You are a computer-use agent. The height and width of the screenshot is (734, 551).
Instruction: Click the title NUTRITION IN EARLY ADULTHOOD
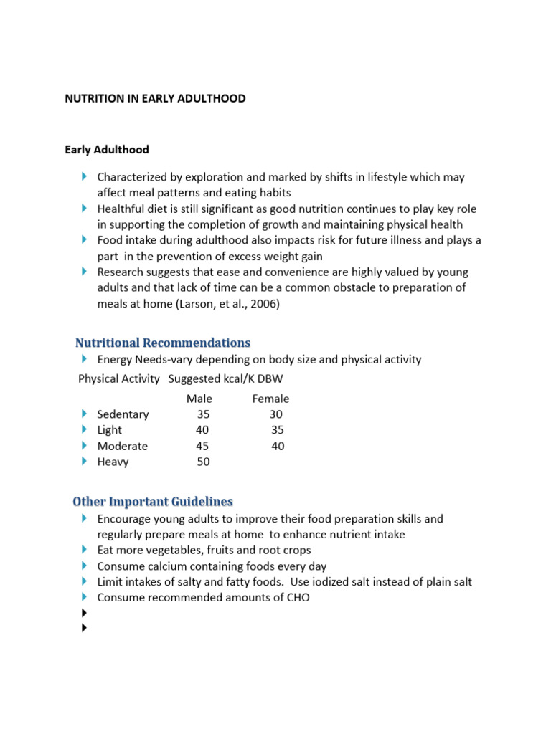pos(155,99)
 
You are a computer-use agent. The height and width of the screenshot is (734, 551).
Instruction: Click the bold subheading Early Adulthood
pos(107,150)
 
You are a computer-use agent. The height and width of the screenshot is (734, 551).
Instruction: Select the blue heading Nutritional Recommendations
pos(163,343)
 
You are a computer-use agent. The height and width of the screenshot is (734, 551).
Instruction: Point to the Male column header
pos(199,399)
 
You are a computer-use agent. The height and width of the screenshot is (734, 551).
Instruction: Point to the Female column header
pos(270,399)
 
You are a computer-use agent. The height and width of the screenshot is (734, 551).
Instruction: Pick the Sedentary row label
pos(123,414)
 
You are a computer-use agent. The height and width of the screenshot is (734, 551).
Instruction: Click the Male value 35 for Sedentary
pos(203,414)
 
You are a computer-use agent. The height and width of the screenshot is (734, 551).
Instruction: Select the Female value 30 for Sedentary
pos(276,414)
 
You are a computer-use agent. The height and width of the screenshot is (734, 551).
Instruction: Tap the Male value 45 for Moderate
pos(203,446)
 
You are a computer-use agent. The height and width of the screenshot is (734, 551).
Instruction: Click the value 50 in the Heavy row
pos(204,462)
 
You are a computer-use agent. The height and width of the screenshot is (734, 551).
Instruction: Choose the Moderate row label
pos(123,446)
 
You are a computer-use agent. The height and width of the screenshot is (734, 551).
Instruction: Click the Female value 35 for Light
pos(278,430)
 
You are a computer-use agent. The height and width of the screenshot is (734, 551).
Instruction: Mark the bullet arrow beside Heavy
pos(85,462)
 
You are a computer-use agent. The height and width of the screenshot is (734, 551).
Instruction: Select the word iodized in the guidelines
pos(338,581)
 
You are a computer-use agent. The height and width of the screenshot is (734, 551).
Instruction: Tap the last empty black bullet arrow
pos(85,629)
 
